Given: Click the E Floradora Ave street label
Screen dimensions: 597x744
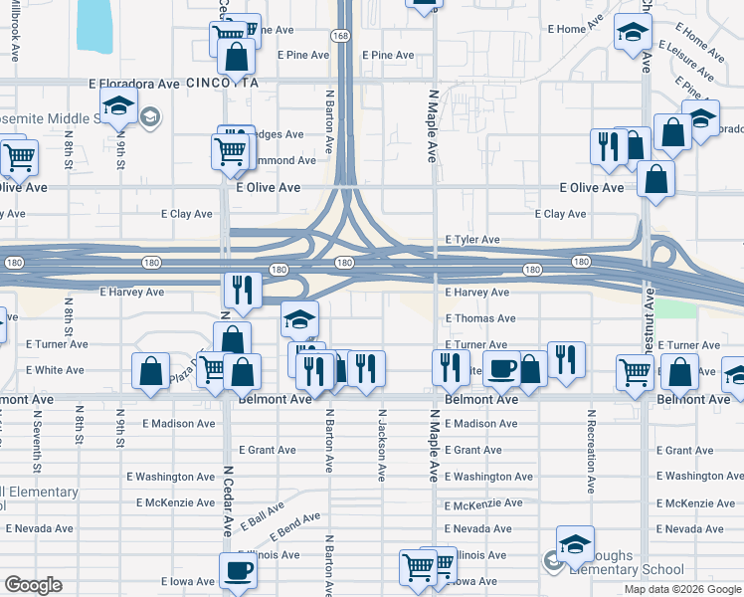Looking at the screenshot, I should pos(133,85).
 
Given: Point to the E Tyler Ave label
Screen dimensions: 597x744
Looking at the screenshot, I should pos(471,240).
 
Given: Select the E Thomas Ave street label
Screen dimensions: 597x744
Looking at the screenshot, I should pos(479,318).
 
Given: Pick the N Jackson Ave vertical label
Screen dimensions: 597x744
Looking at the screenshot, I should pos(381,445).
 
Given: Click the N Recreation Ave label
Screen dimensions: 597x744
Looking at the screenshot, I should pos(591,451).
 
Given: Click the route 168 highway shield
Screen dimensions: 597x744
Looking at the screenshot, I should pos(341,36).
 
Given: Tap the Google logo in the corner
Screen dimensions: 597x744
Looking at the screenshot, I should pos(34,585).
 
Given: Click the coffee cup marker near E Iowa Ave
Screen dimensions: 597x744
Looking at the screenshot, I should pos(238,571).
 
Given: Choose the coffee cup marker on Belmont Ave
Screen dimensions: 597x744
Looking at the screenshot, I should pos(501,368).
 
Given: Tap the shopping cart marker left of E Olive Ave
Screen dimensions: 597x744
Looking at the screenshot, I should pos(19,156).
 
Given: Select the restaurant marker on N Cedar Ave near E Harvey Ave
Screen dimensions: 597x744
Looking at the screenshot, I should pos(243,290).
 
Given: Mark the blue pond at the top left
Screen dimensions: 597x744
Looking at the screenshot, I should pos(99,24).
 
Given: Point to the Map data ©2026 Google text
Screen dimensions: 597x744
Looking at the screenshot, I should pos(683,589).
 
